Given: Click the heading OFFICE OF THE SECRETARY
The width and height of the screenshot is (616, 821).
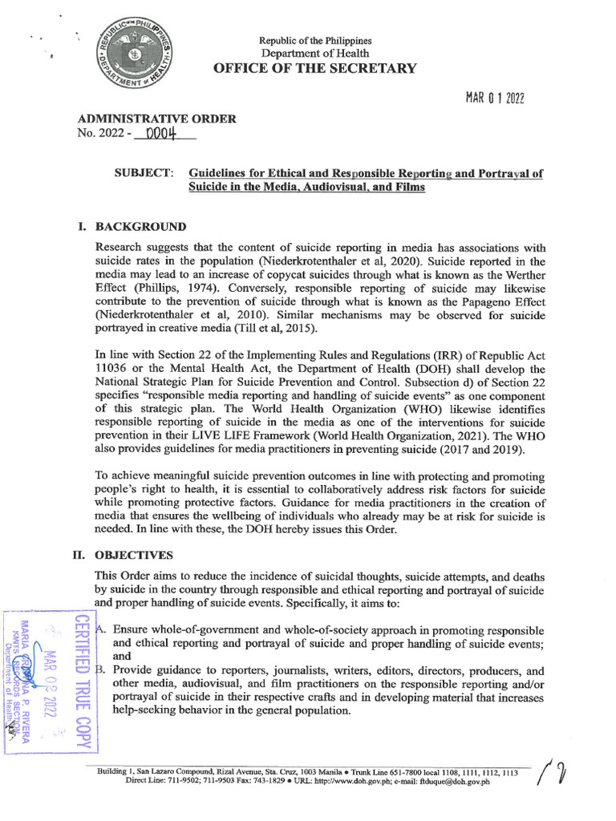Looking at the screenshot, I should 314,68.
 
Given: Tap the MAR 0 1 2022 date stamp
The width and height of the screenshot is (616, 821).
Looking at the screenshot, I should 495,99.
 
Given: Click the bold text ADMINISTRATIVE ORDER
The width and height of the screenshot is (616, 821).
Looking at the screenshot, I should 156,119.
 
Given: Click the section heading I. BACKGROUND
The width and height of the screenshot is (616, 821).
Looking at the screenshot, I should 132,227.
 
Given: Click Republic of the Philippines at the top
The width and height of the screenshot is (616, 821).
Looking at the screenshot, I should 314,40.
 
